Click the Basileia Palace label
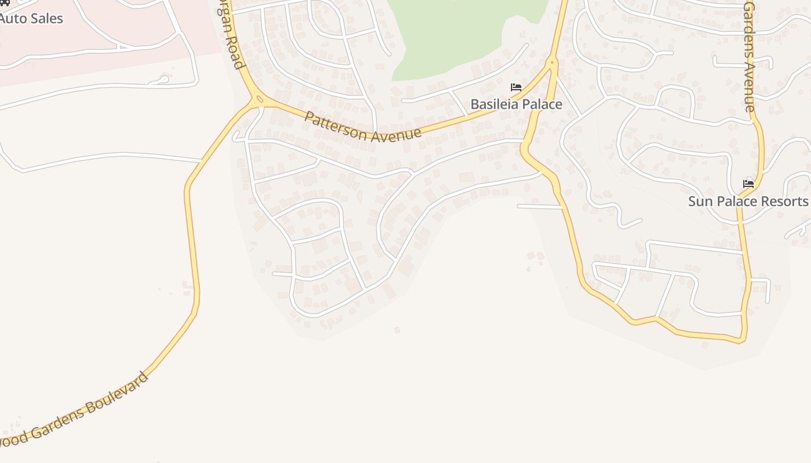click(x=516, y=104)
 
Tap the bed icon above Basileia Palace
click(x=516, y=88)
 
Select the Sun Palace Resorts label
click(x=748, y=201)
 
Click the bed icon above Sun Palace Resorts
click(x=748, y=184)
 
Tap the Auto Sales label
click(x=31, y=19)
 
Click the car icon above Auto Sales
click(x=5, y=2)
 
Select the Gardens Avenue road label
click(x=749, y=57)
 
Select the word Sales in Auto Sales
click(x=47, y=19)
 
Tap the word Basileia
click(x=491, y=104)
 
